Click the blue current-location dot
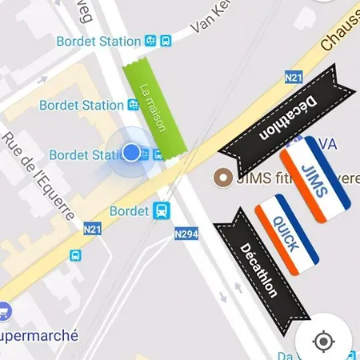(x=131, y=152)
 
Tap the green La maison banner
(x=154, y=108)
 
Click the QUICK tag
(x=286, y=234)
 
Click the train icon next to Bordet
(x=162, y=211)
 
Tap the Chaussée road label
(x=339, y=36)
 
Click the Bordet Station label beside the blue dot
(x=83, y=154)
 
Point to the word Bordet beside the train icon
(x=129, y=212)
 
